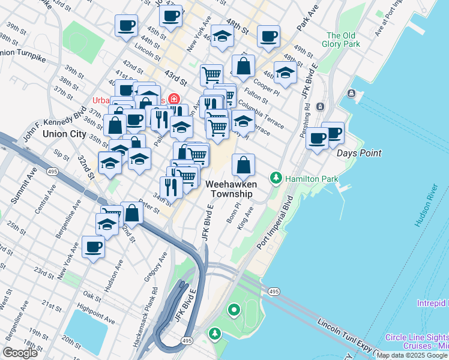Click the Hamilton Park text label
click(312, 179)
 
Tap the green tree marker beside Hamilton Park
click(276, 178)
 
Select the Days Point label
click(359, 153)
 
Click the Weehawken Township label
click(231, 188)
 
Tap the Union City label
click(65, 134)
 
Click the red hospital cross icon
click(173, 98)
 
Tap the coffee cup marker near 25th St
click(92, 247)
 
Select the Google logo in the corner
click(20, 353)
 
